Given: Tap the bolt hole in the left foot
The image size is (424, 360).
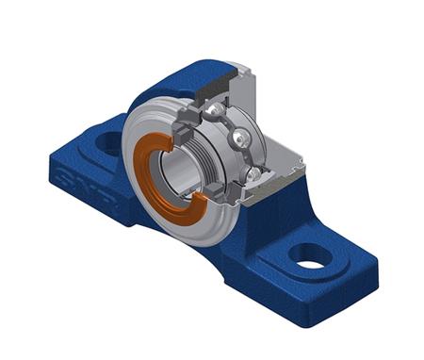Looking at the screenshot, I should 108,144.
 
